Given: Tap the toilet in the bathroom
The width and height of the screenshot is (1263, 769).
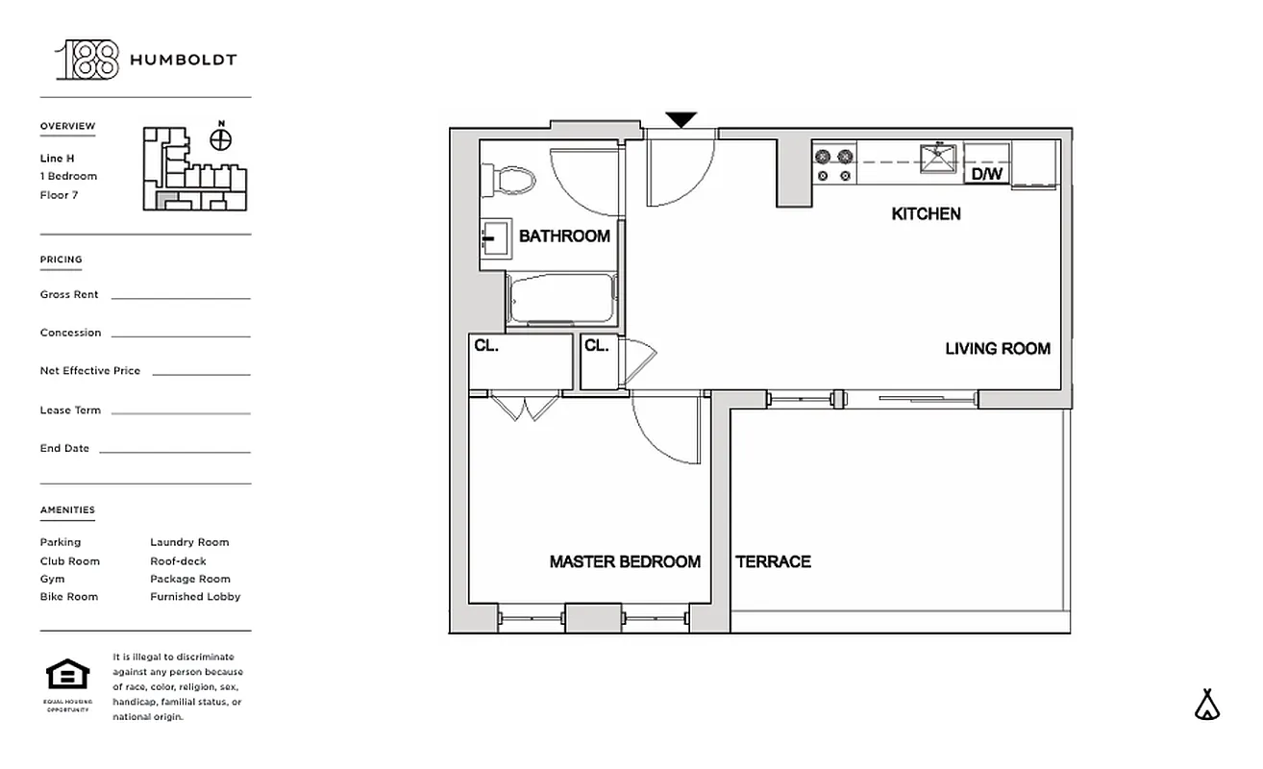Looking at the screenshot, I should coord(509,179).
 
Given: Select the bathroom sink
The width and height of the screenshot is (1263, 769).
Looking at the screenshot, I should coord(494,236).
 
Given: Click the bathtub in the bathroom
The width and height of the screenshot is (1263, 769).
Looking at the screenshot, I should coord(561,299).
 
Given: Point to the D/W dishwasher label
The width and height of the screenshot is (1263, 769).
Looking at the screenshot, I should coord(986,174).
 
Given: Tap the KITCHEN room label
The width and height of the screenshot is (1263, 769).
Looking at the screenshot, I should coord(926,213).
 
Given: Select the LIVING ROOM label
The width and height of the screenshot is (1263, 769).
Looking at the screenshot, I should coord(998,348).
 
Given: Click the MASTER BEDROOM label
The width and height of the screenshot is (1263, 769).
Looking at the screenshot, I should coord(625,561).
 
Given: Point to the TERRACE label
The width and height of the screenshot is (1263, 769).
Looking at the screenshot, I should coord(773,561).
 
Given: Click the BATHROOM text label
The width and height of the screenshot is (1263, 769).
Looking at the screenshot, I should coord(564,236).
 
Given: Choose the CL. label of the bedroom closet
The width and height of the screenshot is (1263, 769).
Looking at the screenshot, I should coord(486,345).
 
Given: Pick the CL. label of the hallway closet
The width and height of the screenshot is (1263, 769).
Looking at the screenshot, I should coord(597,345).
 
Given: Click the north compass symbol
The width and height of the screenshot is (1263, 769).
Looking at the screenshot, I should coord(221,138).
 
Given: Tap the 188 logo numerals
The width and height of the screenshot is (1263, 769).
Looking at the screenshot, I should coord(87,60).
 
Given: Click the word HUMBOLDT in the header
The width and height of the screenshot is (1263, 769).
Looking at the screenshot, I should coord(183,60).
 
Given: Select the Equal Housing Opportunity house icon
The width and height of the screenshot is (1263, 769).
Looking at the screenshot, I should coord(67,674).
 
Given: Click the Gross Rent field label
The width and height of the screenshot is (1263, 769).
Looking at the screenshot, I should coord(69,295).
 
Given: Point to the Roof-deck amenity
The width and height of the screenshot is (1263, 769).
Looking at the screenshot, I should coord(178,561).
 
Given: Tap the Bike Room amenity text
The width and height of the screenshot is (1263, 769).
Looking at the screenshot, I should coord(69,597).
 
